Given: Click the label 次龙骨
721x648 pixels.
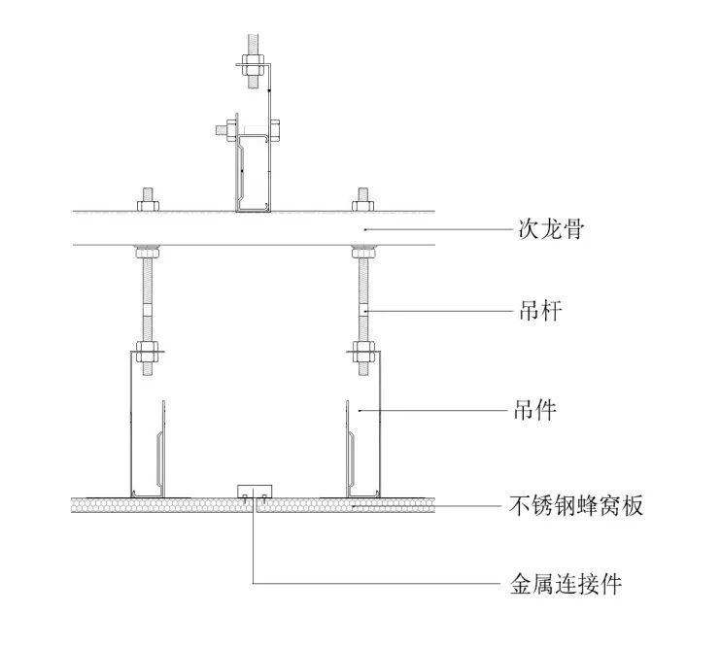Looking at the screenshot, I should pyautogui.click(x=548, y=231).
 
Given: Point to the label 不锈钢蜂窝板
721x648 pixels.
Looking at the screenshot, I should pyautogui.click(x=576, y=506).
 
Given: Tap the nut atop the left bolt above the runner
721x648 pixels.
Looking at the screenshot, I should pyautogui.click(x=149, y=203).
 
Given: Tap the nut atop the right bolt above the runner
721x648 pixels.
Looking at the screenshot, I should pyautogui.click(x=362, y=203).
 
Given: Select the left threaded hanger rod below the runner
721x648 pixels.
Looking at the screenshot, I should pyautogui.click(x=149, y=291).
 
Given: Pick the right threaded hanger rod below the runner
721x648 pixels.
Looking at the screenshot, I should pyautogui.click(x=362, y=291).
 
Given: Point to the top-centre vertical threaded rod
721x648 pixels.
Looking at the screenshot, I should pyautogui.click(x=253, y=49).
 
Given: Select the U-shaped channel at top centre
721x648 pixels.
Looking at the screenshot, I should pyautogui.click(x=253, y=175).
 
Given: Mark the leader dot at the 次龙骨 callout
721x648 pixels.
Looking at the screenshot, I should pyautogui.click(x=362, y=230).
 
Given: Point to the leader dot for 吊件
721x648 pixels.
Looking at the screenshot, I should pyautogui.click(x=360, y=411).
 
